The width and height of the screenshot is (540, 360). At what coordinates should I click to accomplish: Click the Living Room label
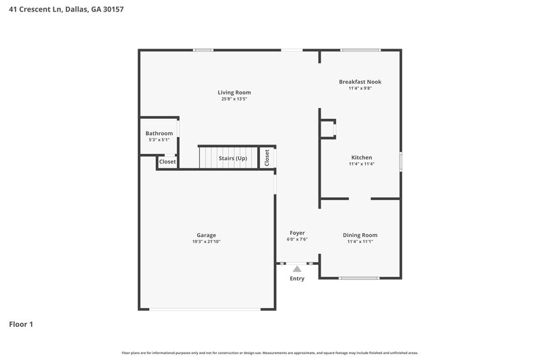pos(234,93)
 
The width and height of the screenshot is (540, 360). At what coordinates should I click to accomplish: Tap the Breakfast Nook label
pos(360,81)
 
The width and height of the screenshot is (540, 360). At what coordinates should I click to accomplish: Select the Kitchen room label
pos(360,157)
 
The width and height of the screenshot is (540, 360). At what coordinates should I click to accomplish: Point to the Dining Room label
pos(360,234)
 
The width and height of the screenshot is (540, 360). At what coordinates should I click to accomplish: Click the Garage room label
pos(207,235)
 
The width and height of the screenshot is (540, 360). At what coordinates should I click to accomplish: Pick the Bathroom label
pos(159,133)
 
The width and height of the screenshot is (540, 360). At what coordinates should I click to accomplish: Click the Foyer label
pos(297,232)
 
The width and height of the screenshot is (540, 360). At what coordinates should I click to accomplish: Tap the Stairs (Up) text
pos(233,158)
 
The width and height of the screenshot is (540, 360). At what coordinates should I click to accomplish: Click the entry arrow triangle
pos(297,268)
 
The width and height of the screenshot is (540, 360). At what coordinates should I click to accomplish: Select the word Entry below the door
pos(297,278)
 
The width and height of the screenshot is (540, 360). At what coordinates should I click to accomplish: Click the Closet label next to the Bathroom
pos(167,162)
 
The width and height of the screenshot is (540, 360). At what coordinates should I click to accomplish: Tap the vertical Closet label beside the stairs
pos(267,157)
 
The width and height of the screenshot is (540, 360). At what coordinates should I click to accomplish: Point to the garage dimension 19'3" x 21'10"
pos(207,242)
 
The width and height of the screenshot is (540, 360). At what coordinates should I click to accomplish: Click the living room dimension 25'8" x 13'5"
pos(234,99)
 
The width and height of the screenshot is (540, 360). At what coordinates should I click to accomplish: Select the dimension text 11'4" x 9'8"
pos(360,88)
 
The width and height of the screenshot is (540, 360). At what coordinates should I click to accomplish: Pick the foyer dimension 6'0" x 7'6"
pos(297,239)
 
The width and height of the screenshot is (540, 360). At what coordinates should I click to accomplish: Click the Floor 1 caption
pos(21,324)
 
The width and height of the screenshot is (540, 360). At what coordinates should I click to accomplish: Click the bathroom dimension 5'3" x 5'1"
pos(159,140)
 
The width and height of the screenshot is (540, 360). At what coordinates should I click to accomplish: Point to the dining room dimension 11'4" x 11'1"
pos(360,241)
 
